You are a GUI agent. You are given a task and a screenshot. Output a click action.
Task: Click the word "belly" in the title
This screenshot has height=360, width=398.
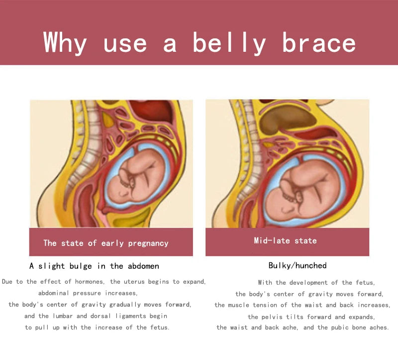point(229,43)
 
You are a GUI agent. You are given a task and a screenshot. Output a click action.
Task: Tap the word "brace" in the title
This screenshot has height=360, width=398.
point(319,42)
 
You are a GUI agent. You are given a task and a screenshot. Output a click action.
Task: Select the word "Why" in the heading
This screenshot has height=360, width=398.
point(65,43)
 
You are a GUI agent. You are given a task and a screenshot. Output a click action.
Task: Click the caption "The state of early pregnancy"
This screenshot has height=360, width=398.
point(106,243)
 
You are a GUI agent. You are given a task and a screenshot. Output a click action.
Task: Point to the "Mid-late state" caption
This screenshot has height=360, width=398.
point(285,240)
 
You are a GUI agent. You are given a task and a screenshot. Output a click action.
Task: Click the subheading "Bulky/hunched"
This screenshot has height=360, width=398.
point(298,265)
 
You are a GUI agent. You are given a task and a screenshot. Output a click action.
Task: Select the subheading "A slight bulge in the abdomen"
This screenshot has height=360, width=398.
point(94,266)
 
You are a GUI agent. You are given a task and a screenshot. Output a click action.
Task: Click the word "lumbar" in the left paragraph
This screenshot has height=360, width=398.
point(63,316)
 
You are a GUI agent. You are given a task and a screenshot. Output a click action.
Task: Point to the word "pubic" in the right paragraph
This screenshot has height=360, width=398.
point(339,328)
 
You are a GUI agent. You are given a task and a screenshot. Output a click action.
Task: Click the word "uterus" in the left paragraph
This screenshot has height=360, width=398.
point(133,282)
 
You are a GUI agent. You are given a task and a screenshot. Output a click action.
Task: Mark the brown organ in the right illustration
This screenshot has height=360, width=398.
point(288,119)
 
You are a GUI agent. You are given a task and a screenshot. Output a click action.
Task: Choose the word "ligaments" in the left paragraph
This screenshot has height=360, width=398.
point(131,316)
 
